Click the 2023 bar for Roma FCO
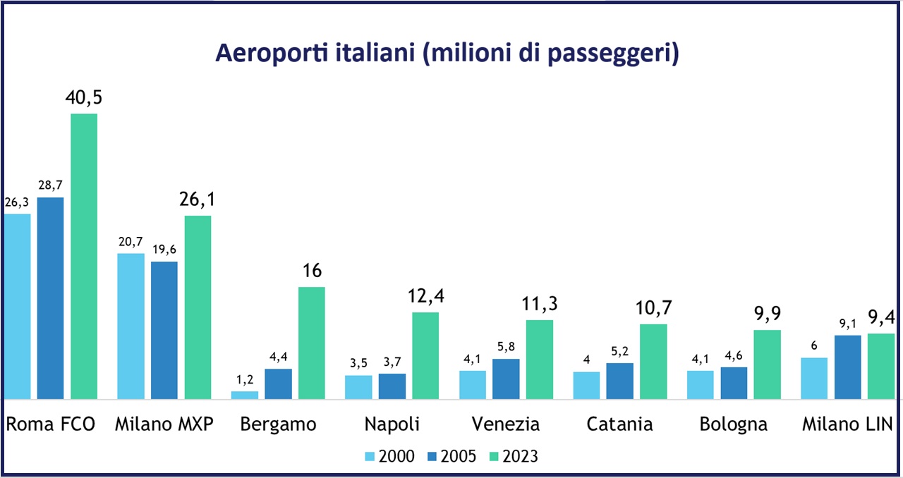(84, 257)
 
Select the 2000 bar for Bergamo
(245, 396)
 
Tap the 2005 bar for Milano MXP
(164, 331)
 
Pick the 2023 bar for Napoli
(425, 356)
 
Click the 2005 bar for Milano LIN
(847, 367)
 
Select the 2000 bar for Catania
(586, 386)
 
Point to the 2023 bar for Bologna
(768, 364)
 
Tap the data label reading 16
(311, 271)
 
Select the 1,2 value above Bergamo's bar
(245, 379)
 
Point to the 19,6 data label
(164, 249)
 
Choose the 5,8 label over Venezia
(506, 347)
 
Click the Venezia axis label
(506, 424)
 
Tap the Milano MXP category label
(164, 424)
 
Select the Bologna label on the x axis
(734, 424)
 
